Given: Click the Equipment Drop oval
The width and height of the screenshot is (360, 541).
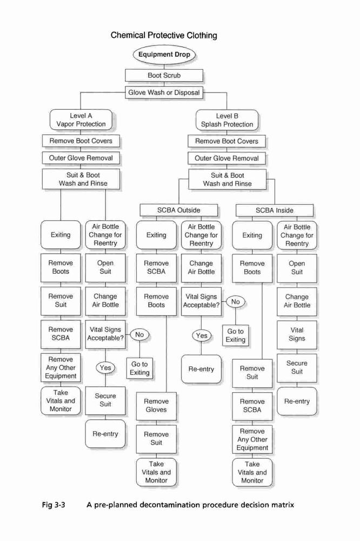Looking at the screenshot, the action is [x=164, y=55].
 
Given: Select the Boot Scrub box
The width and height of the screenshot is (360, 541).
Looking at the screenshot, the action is [x=164, y=75].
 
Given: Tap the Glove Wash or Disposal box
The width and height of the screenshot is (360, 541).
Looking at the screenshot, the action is [x=164, y=93].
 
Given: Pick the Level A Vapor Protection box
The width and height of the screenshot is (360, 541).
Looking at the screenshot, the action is [x=81, y=120].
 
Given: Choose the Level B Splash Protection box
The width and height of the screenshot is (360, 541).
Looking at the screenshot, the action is [x=227, y=120].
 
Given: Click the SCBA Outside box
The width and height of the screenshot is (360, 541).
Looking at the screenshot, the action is [x=178, y=210].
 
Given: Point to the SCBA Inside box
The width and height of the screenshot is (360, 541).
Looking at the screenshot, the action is [x=275, y=210].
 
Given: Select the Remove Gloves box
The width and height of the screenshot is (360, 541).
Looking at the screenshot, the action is [x=156, y=406].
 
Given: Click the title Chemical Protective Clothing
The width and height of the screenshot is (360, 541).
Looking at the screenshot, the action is [x=164, y=35].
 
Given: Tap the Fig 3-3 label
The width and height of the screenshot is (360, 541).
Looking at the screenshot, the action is [x=54, y=505].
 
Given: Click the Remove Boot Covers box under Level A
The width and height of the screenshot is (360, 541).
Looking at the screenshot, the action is [x=81, y=141].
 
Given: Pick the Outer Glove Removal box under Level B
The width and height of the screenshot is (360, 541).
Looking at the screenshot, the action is [x=227, y=159].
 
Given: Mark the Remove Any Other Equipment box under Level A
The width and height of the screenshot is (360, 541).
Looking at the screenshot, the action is [x=61, y=368].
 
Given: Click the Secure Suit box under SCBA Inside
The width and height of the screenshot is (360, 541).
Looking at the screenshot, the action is [x=297, y=368].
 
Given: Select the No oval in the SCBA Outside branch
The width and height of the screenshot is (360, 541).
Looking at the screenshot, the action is [x=236, y=302].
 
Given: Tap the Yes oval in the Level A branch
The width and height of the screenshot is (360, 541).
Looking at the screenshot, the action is [x=105, y=368].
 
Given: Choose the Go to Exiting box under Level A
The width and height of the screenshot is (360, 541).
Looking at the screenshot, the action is [x=139, y=368].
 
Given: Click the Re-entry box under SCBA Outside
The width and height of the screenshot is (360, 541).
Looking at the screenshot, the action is [x=201, y=369].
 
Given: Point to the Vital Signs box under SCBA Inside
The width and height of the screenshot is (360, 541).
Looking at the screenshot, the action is [x=297, y=335].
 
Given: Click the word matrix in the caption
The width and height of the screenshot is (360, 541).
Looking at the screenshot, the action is [x=282, y=505].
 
